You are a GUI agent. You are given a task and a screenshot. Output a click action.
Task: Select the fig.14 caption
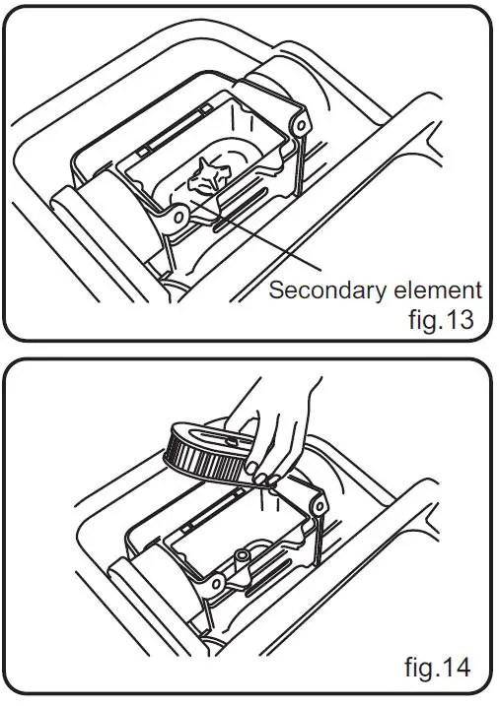(438, 667)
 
